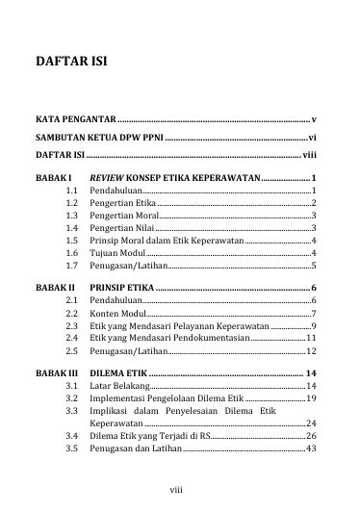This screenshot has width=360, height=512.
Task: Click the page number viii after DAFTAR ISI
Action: (309, 154)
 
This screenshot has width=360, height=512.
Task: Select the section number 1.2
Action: (71, 205)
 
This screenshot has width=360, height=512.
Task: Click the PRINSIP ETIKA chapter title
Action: (120, 288)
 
